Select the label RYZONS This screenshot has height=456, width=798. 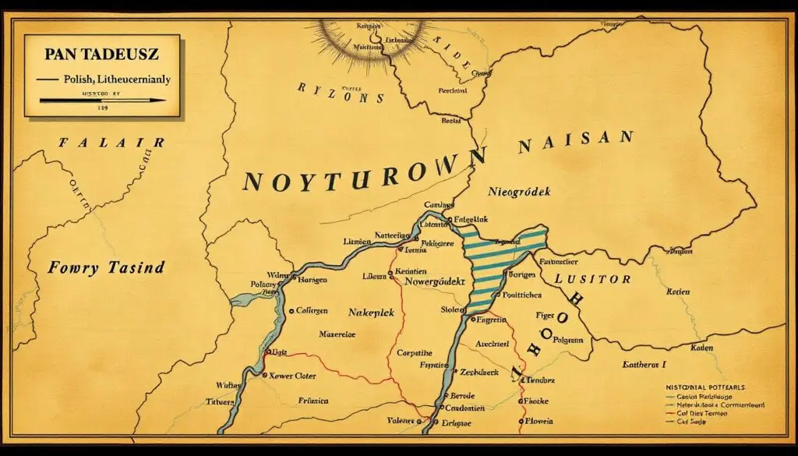click(x=341, y=92)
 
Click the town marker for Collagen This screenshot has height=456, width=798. click(x=291, y=310)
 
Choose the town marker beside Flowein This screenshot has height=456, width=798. click(x=521, y=421)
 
